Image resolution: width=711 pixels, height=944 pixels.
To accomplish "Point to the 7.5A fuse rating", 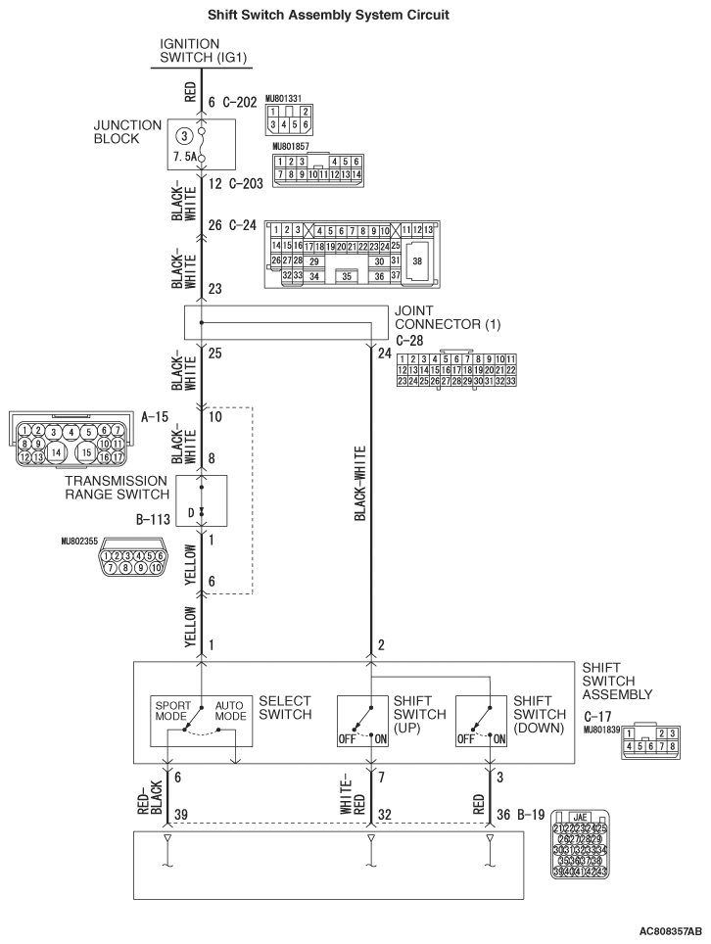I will (186, 156).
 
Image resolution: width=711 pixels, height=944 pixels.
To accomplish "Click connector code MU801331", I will (287, 98).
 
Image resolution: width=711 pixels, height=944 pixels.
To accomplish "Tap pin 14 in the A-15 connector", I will (57, 451).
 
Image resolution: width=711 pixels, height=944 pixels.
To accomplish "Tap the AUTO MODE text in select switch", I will (230, 710).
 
